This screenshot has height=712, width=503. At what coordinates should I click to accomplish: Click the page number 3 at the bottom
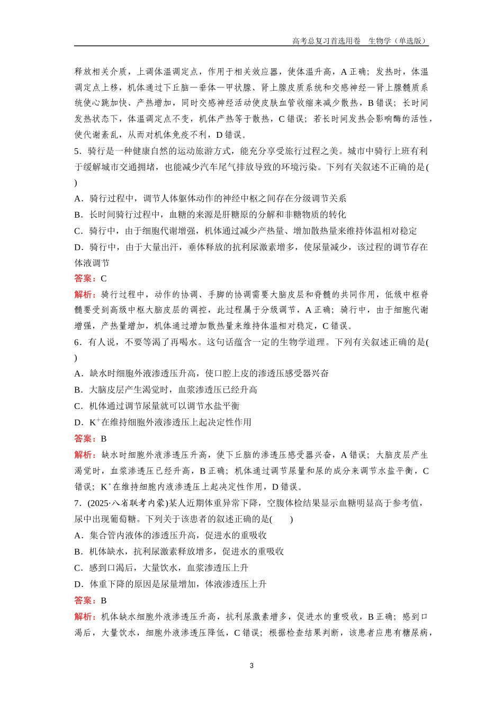pos(251,665)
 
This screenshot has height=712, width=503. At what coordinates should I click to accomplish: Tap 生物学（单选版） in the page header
pos(397,41)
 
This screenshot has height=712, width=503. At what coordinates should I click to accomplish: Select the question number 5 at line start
pos(77,152)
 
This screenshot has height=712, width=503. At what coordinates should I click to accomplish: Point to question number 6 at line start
pos(77,342)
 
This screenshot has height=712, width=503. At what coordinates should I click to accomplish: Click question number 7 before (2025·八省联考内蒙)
pos(77,503)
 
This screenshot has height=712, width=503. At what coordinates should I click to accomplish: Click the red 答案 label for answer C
pos(84,279)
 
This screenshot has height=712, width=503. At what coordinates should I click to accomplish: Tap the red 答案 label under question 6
pos(84,439)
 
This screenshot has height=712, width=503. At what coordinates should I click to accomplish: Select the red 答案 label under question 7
pos(84,600)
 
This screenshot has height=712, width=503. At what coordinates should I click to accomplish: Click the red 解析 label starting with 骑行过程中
pos(84,295)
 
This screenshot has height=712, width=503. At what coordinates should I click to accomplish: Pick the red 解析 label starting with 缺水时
pos(84,455)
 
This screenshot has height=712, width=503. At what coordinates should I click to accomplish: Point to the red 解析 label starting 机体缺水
pos(84,617)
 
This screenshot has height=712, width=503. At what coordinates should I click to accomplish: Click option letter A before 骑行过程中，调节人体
pos(78,199)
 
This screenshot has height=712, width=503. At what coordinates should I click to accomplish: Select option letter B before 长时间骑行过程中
pos(78,215)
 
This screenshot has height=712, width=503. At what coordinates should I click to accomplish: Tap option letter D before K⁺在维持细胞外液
pos(78,422)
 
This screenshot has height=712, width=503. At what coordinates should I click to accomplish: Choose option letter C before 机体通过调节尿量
pos(78,406)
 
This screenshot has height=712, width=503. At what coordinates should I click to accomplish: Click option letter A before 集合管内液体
pos(78,536)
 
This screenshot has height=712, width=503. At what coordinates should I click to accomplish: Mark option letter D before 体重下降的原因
pos(78,584)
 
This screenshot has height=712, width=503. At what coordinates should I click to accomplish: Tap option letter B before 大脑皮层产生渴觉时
pos(78,390)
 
